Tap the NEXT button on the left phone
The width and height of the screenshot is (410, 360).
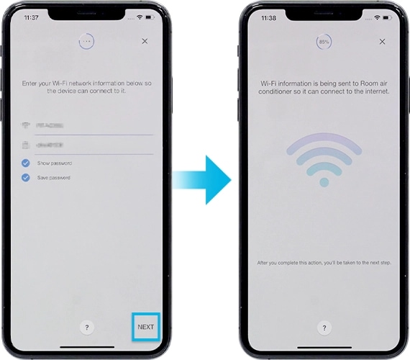click(145, 327)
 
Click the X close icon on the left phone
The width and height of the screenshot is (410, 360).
click(145, 42)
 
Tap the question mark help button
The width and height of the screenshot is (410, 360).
click(86, 327)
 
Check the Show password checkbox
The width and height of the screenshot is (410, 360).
click(25, 163)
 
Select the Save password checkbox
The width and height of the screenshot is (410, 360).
click(25, 177)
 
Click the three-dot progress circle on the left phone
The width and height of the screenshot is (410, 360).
click(86, 42)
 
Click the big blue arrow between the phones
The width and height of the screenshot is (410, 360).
click(204, 179)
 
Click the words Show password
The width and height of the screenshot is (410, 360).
click(55, 163)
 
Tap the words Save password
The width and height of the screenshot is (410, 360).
click(54, 177)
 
